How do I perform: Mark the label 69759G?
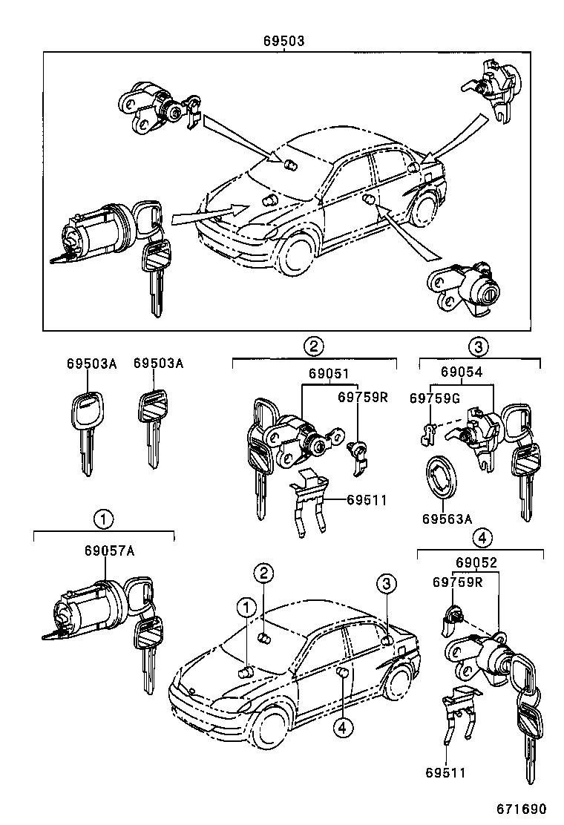(435, 398)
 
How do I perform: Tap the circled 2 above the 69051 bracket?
(314, 346)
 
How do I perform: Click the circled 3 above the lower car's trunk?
(386, 584)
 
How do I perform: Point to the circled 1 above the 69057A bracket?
(102, 518)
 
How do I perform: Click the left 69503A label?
(88, 364)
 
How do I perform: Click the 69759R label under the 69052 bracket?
(458, 582)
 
